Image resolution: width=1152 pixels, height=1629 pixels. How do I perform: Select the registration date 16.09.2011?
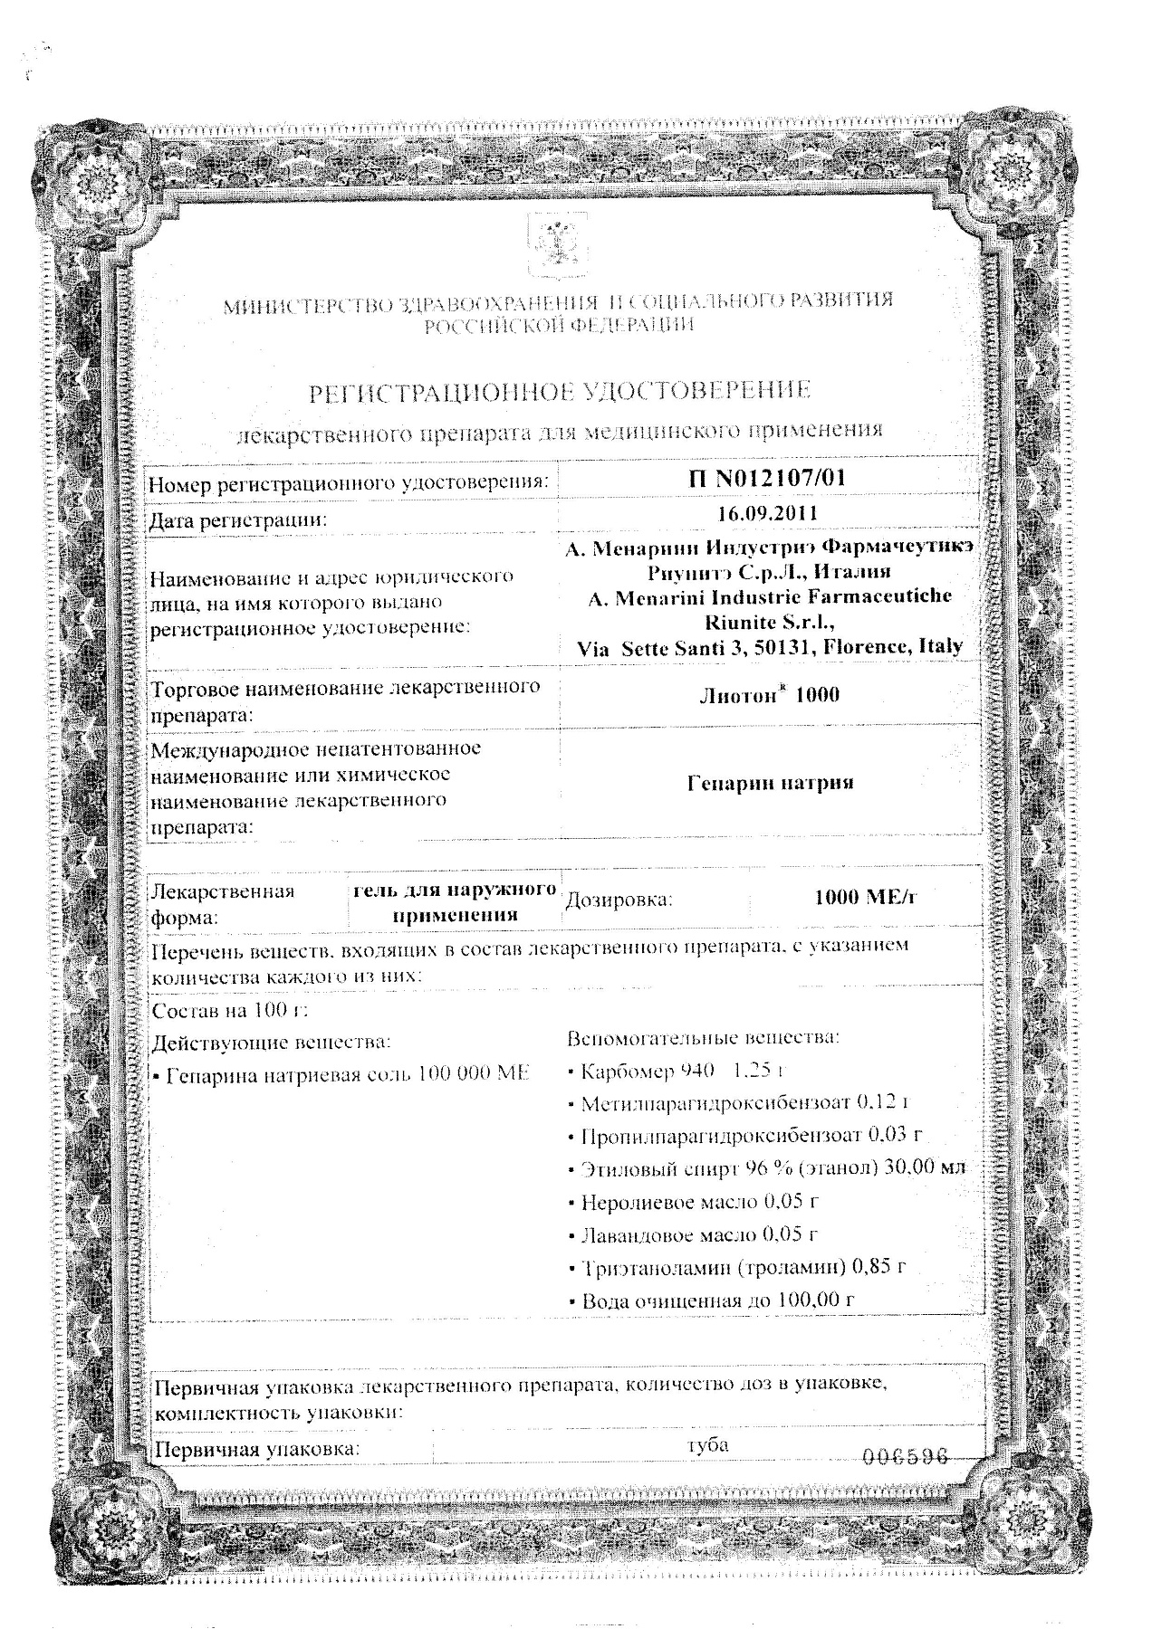coord(766,513)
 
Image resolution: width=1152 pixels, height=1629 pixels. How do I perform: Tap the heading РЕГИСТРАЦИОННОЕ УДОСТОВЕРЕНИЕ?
coord(560,392)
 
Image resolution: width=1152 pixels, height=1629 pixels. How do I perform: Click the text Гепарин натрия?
coord(770,783)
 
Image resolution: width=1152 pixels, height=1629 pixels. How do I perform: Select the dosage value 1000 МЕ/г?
coord(866,898)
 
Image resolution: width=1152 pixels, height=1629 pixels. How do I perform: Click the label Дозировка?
coord(619,900)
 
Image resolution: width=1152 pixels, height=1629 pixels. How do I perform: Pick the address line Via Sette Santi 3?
coord(770,647)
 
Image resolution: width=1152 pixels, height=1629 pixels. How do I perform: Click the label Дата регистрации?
coord(237,519)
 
